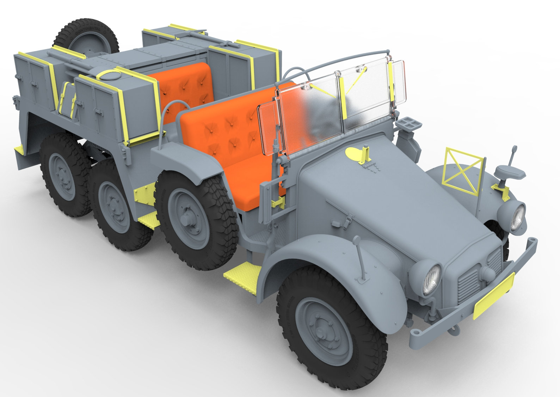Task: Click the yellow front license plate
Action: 494,295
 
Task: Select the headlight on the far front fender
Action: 517,216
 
